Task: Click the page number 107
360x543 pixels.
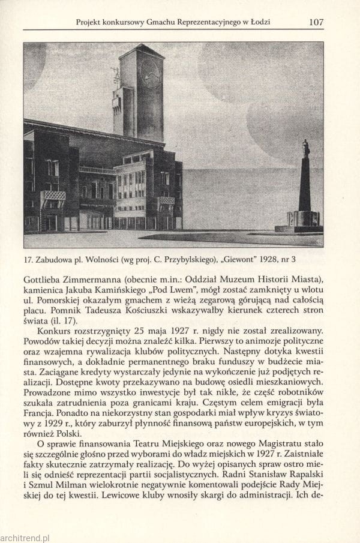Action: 316,22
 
